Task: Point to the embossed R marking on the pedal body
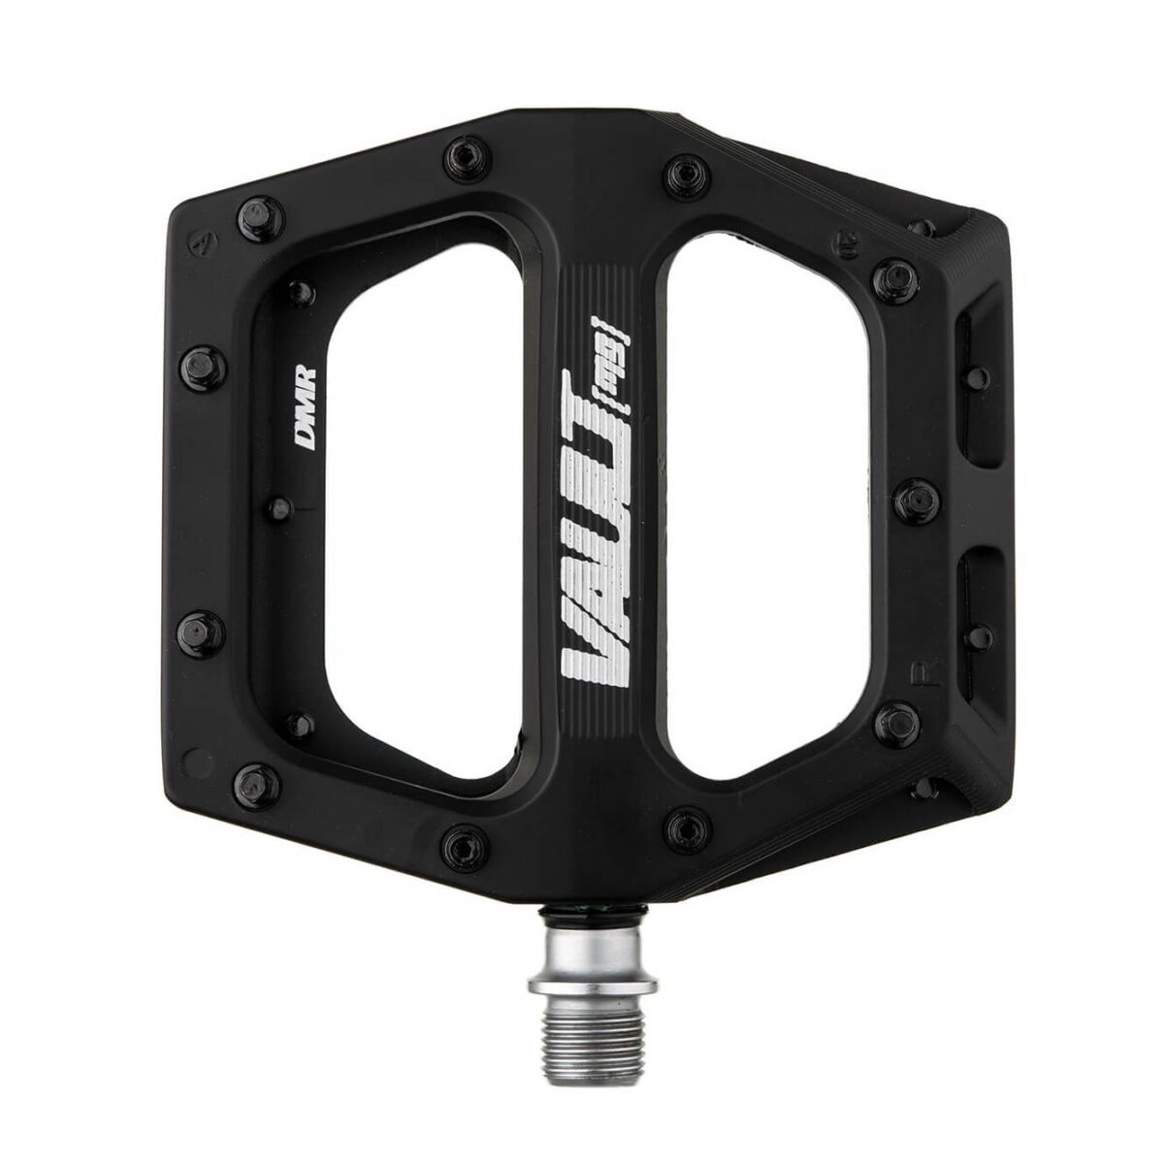(x=915, y=669)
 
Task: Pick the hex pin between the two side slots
(x=914, y=499)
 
